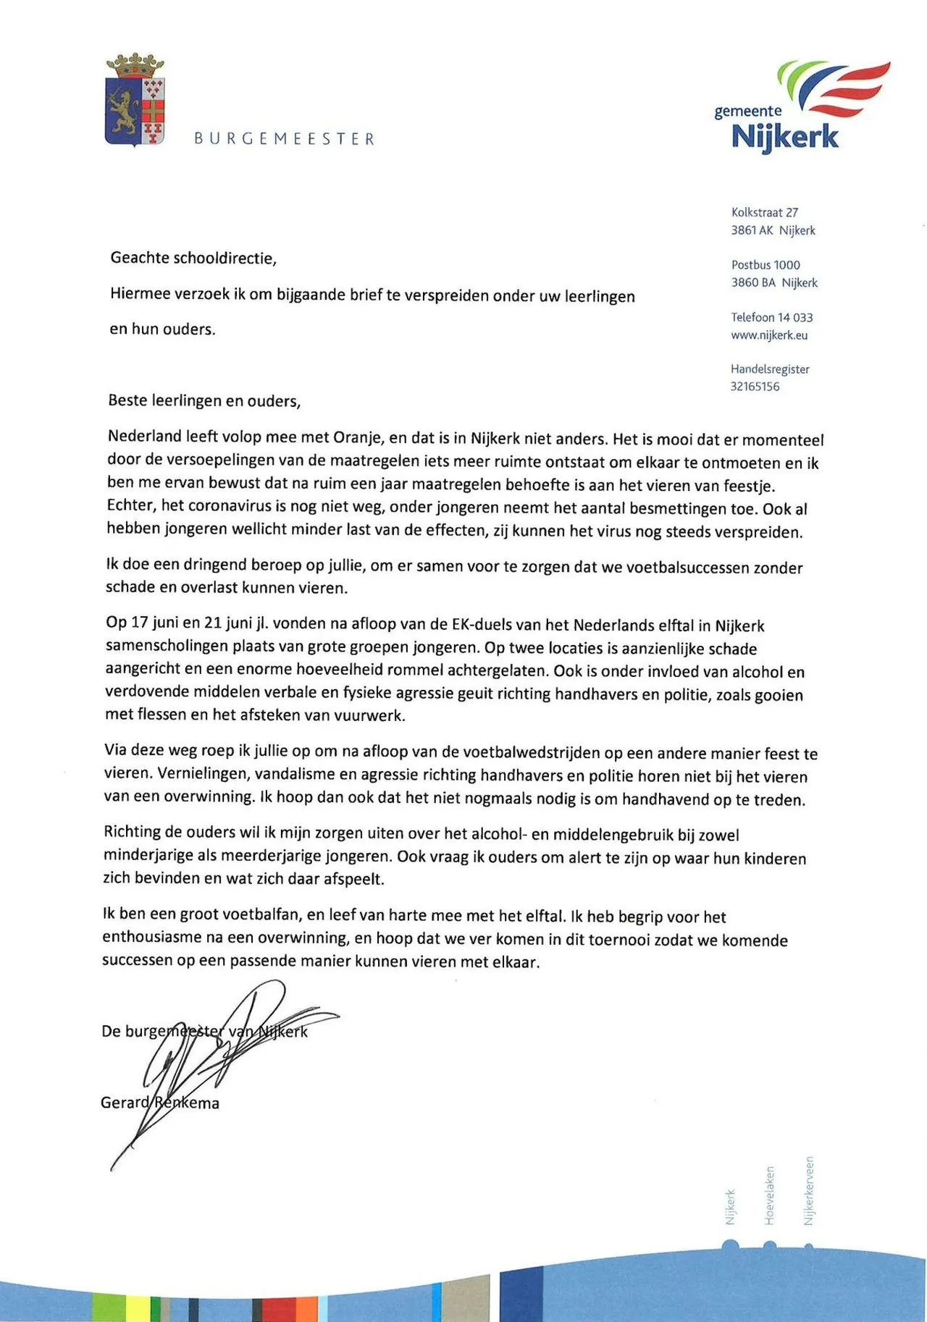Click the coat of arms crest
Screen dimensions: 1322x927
[135, 101]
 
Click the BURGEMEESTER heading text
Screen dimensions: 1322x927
[284, 139]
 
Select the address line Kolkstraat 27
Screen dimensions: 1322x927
[765, 212]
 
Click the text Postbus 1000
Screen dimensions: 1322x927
[765, 265]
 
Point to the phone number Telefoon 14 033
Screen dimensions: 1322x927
[771, 317]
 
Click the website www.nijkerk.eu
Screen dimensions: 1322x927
[769, 335]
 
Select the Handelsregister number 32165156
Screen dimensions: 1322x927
[755, 387]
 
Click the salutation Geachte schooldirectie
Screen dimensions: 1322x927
[193, 258]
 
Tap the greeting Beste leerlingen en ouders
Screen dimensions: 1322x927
[204, 400]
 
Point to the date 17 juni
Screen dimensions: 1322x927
[148, 623]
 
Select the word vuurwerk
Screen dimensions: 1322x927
[369, 716]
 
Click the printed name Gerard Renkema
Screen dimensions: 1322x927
[159, 1103]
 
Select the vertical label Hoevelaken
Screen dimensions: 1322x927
[769, 1195]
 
